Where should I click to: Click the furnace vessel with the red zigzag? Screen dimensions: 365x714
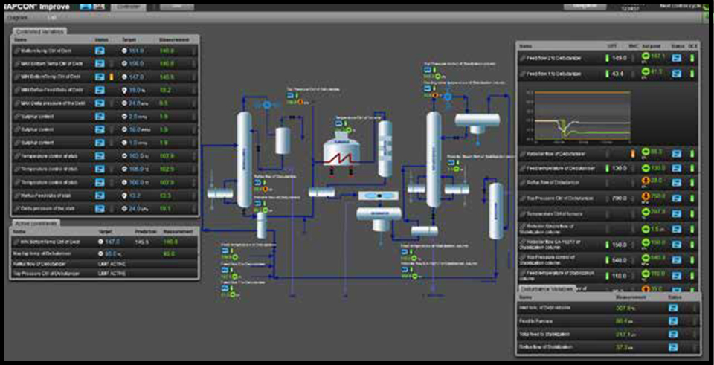point(341,152)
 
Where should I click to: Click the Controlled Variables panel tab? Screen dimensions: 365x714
point(39,31)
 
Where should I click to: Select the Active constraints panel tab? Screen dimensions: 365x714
point(38,222)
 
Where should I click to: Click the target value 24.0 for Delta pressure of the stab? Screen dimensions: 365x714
point(135,209)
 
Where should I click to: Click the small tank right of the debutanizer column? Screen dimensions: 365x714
point(283,139)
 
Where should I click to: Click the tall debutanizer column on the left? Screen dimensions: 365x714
point(244,153)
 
